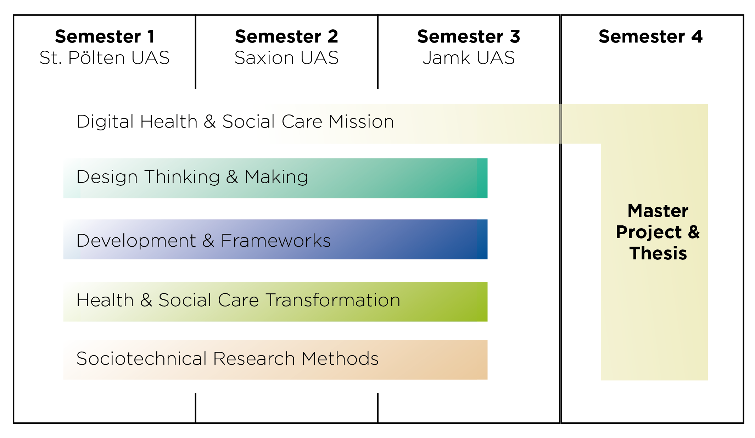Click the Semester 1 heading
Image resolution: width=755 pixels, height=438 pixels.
pos(105,36)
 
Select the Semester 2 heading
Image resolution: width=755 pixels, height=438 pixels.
pos(286,36)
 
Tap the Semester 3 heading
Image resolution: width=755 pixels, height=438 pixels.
pos(469,36)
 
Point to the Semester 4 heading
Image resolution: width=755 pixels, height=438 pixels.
pos(650,36)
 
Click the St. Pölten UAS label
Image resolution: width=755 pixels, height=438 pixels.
pos(105,58)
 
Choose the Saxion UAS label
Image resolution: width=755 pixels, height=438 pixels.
pos(286,58)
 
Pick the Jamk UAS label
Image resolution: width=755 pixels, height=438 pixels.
pos(469,58)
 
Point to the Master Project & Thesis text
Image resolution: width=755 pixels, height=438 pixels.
pos(658,232)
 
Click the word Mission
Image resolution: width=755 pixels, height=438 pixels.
pos(361,122)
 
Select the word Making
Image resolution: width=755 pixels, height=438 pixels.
pos(276,177)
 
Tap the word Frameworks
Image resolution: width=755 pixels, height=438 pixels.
pos(276,241)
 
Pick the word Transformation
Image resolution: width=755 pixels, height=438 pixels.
pos(333,300)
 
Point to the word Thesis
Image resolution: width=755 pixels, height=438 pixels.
pos(658,253)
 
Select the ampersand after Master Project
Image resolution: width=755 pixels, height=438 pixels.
pos(694,232)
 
